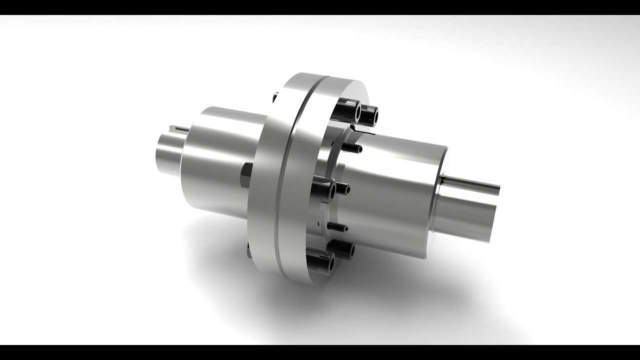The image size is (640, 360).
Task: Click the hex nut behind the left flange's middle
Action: (246, 177)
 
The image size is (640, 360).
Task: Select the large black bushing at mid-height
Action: (324, 190)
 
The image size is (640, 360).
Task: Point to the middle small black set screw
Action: (342, 189)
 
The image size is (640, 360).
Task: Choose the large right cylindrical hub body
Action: (395, 195)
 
